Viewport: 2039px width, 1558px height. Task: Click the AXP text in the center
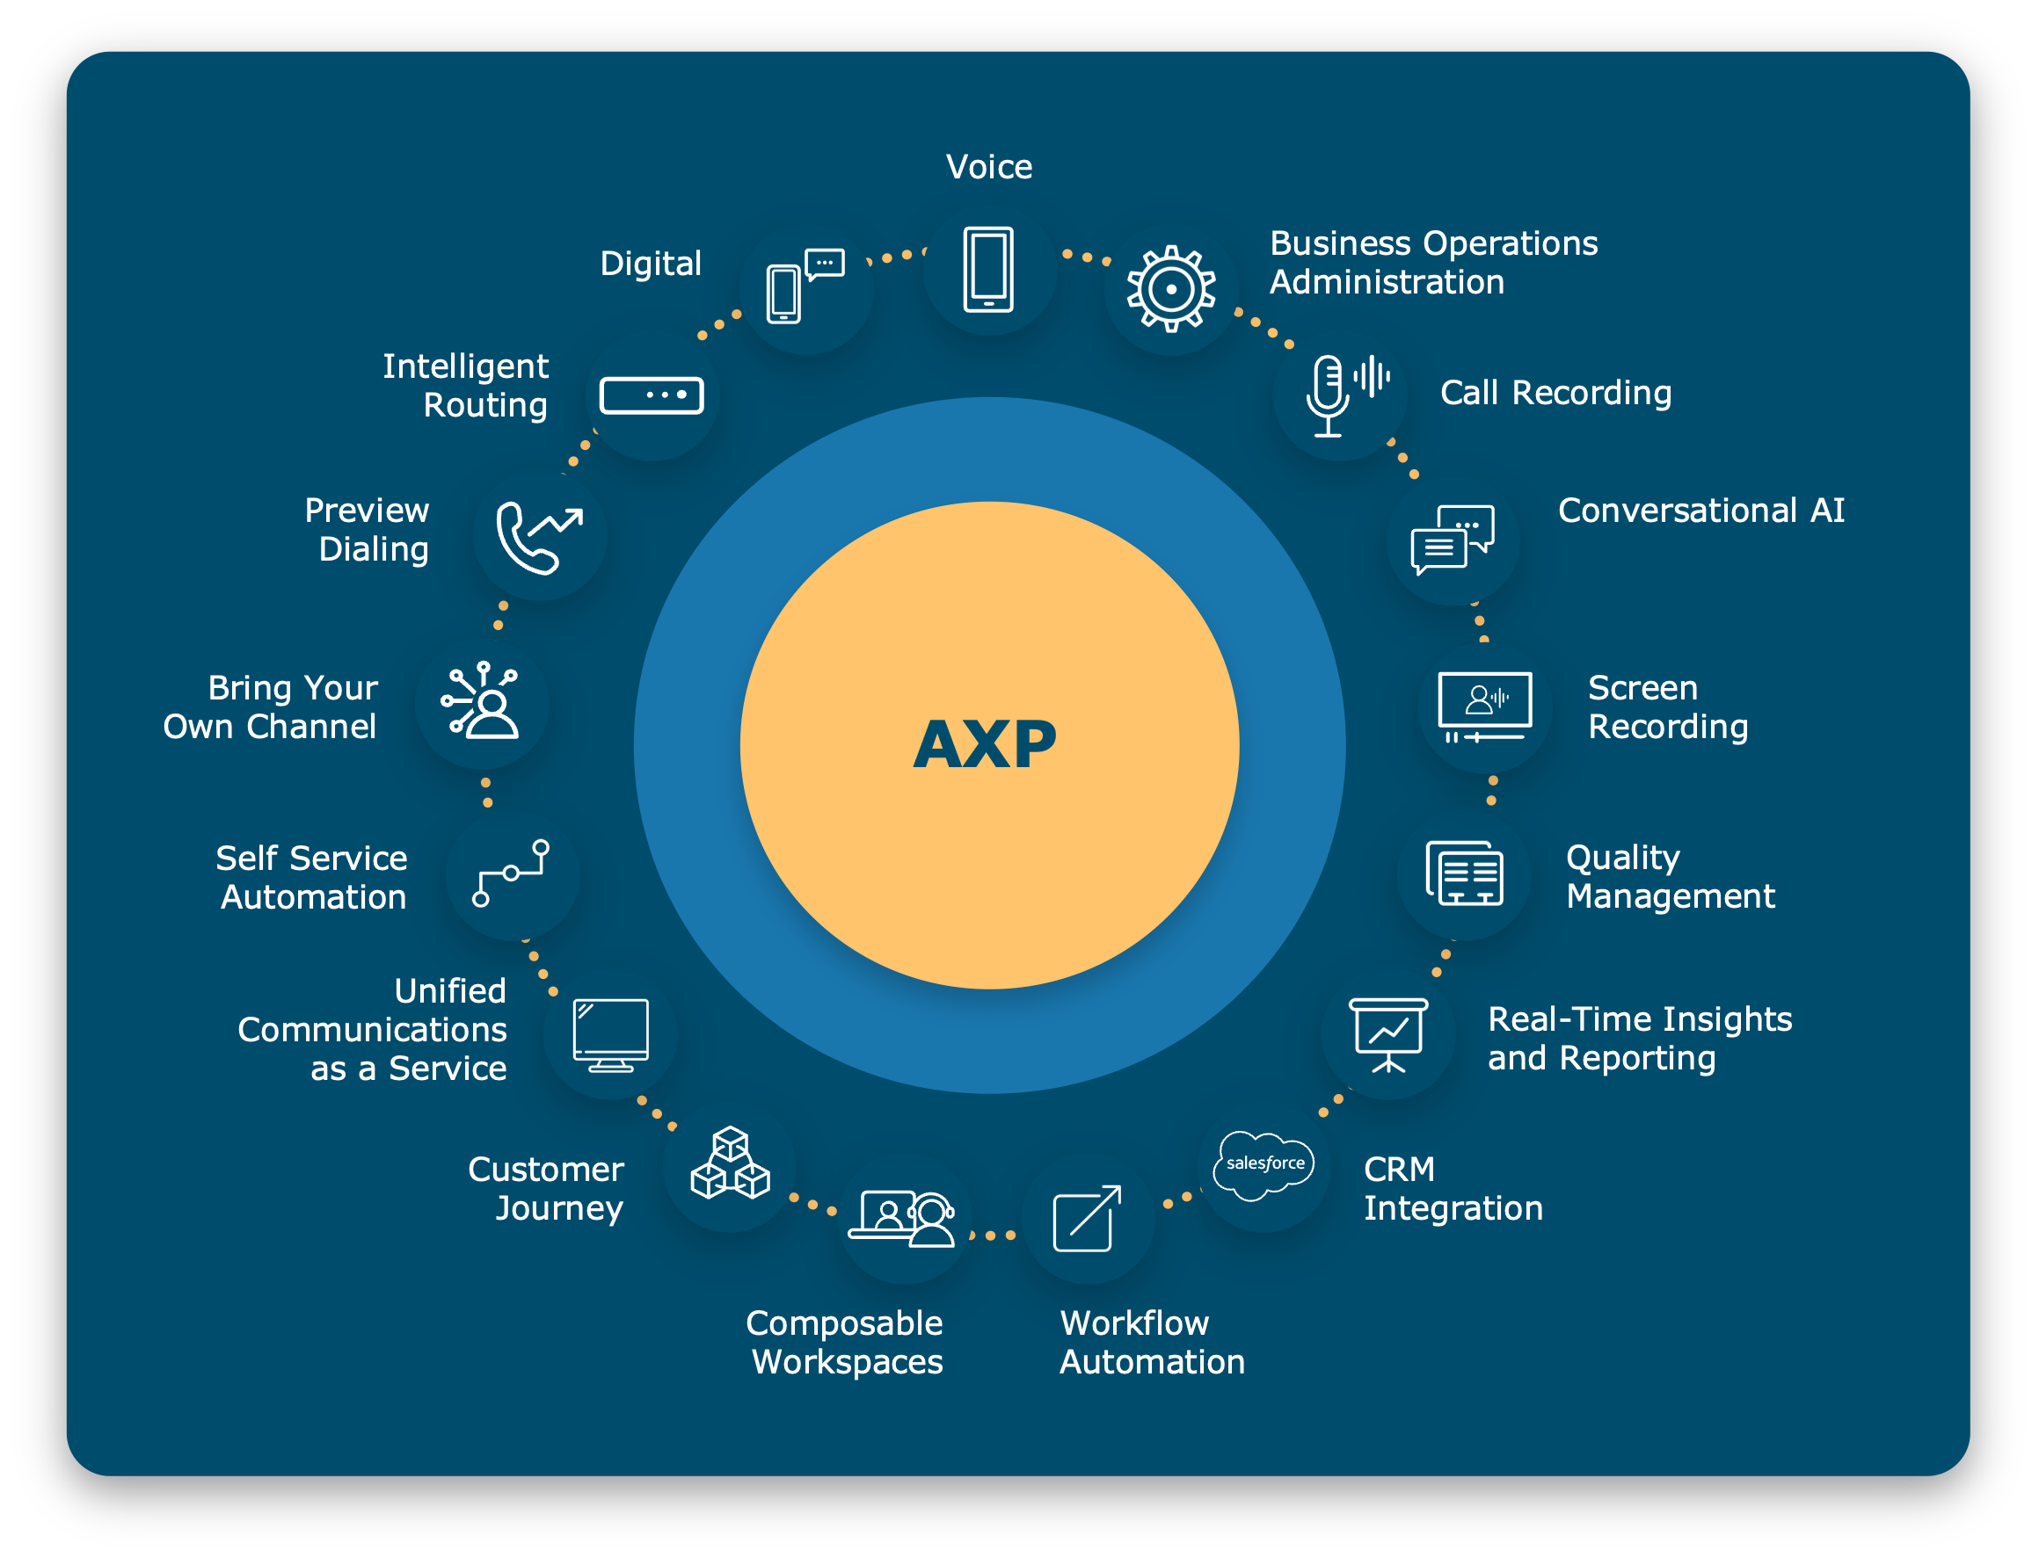(x=985, y=744)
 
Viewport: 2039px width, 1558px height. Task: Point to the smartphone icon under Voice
(x=988, y=269)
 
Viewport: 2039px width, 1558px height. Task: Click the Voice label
(x=989, y=167)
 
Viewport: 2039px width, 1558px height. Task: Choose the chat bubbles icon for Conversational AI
(x=1452, y=540)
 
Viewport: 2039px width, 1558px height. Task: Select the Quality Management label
(x=1670, y=876)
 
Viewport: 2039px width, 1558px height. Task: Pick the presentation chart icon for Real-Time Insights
(x=1387, y=1035)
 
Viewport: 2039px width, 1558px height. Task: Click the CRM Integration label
(x=1453, y=1189)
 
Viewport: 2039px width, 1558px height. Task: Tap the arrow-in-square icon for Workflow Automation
(x=1088, y=1219)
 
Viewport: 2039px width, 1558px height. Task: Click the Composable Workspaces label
(x=844, y=1342)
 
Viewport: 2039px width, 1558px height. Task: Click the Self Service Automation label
(x=311, y=877)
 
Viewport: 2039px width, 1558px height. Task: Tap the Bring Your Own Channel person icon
(x=481, y=701)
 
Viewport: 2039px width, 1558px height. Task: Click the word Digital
(x=651, y=264)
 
